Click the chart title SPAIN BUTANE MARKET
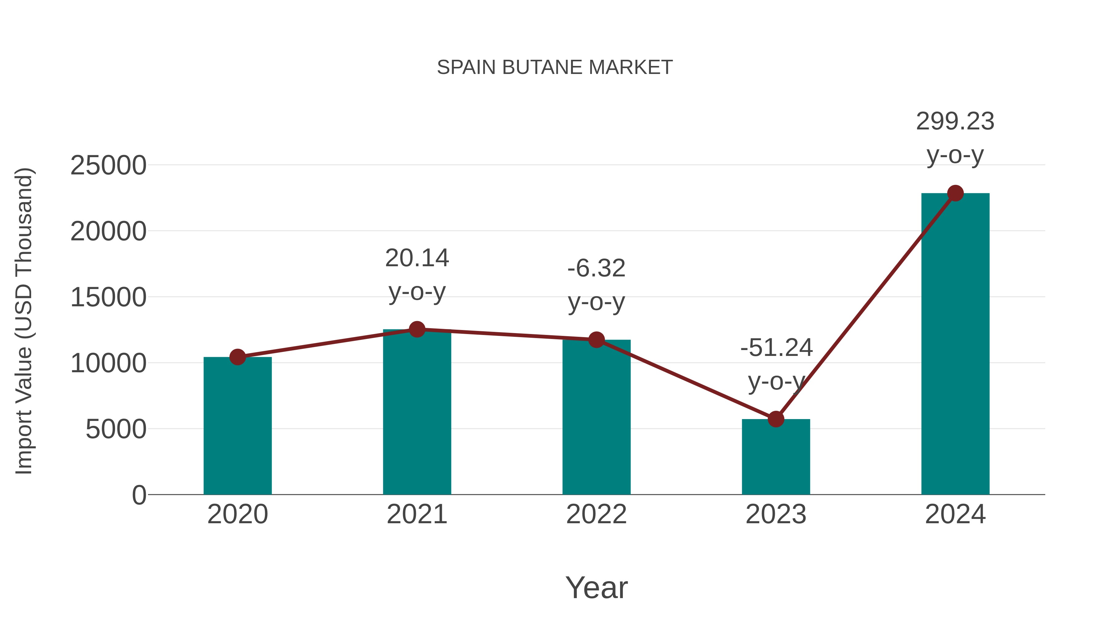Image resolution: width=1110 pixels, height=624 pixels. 555,67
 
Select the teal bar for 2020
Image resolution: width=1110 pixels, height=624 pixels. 237,426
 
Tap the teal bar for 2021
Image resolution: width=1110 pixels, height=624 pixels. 417,414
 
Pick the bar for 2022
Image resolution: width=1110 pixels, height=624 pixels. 596,418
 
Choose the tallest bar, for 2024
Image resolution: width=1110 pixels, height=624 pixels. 955,345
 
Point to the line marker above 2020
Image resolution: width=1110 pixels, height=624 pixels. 237,357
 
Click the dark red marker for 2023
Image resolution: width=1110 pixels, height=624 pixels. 776,419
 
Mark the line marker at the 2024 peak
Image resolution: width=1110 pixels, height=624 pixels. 955,193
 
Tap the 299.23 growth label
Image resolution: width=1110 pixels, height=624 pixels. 955,121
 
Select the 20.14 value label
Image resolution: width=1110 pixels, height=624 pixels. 417,259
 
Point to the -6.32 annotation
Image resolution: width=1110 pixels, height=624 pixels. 596,269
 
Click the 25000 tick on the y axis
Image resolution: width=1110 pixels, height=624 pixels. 108,166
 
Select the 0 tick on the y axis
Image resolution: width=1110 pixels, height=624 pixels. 139,495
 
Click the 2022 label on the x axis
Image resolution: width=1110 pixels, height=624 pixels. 596,515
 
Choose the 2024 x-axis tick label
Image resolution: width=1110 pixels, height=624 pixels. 955,515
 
